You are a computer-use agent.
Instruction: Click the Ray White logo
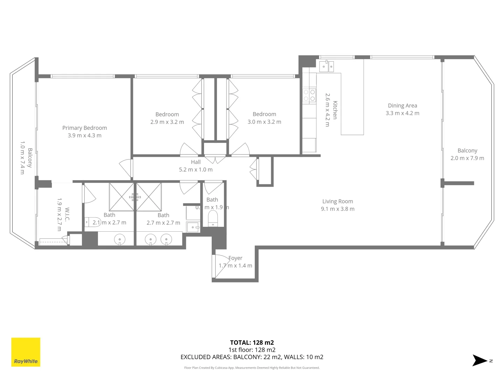[x=26, y=352]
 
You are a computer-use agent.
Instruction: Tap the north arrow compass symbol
[x=480, y=360]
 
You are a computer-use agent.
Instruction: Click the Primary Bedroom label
[x=85, y=128]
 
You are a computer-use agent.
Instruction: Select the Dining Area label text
[x=402, y=106]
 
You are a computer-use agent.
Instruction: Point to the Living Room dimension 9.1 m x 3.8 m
[x=338, y=209]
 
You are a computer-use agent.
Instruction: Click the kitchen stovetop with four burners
[x=309, y=96]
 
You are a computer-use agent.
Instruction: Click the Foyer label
[x=235, y=258]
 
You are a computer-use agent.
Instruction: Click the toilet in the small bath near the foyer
[x=213, y=218]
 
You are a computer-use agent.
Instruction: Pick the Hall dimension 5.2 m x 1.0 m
[x=196, y=170]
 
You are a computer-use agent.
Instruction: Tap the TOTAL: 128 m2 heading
[x=252, y=343]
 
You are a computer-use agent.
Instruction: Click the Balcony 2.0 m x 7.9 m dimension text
[x=467, y=158]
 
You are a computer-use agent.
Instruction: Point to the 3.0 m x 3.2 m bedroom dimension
[x=264, y=122]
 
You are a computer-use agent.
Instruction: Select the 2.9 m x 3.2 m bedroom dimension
[x=167, y=122]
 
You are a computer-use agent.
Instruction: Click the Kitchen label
[x=335, y=110]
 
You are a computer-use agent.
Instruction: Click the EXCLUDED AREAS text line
[x=252, y=357]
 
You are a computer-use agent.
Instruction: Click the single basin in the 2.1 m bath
[x=120, y=240]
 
